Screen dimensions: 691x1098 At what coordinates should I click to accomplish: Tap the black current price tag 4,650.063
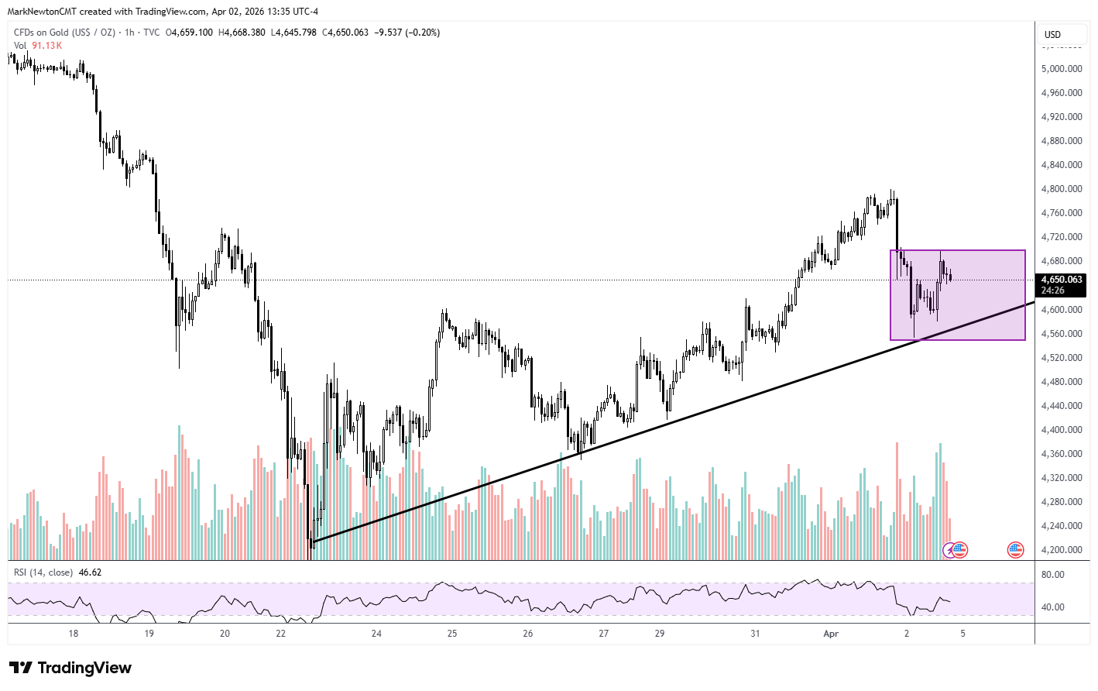tap(1061, 280)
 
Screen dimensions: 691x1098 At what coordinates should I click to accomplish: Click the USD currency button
tap(1052, 35)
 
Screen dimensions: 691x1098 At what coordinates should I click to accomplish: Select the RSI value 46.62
tap(90, 572)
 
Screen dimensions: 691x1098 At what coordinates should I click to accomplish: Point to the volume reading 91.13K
tap(46, 46)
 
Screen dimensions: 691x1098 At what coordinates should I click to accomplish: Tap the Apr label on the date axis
tap(831, 634)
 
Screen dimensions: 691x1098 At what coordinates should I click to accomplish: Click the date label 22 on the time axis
tap(280, 634)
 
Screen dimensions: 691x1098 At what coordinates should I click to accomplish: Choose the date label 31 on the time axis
tap(755, 634)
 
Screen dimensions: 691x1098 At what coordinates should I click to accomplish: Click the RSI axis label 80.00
tap(1052, 575)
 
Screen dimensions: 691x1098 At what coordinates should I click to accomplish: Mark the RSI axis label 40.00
tap(1052, 607)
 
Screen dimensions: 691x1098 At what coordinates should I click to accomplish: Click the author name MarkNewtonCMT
tap(42, 12)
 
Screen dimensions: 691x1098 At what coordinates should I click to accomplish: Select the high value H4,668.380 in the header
tap(242, 33)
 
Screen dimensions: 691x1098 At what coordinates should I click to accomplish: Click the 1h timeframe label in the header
tap(129, 33)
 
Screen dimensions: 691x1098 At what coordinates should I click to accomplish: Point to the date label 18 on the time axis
tap(74, 634)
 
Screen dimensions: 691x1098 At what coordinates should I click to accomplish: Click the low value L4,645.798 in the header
tap(293, 33)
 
